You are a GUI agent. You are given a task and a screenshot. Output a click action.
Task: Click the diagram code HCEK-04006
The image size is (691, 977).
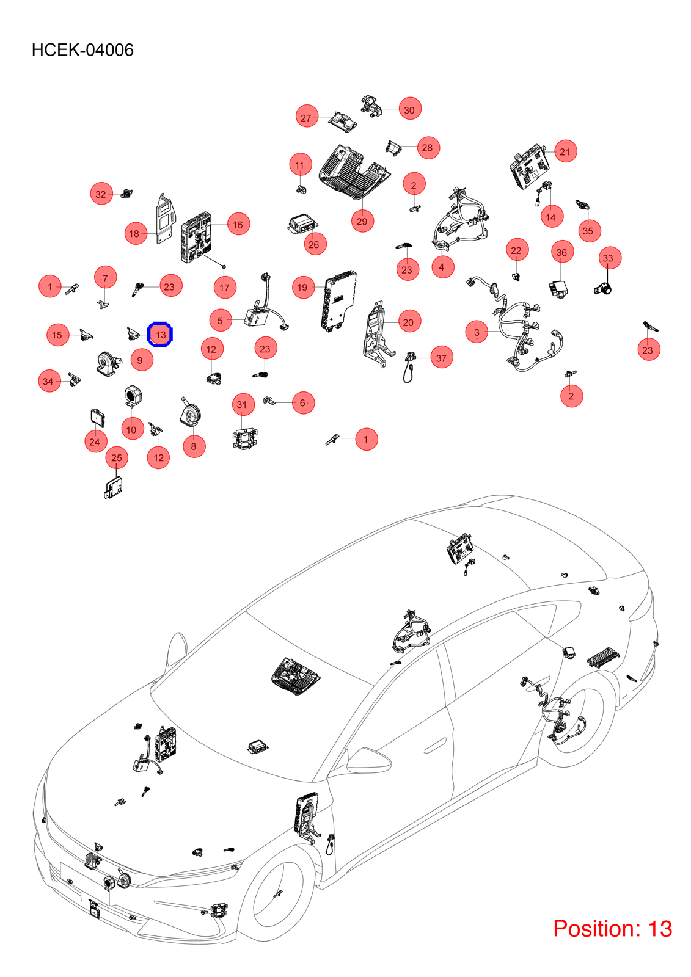click(82, 50)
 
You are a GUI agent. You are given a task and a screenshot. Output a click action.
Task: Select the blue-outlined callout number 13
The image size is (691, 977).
click(161, 335)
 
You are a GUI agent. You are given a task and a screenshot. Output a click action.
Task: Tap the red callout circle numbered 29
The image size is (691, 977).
click(362, 221)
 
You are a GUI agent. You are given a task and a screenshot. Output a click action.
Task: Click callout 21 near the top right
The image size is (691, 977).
click(565, 151)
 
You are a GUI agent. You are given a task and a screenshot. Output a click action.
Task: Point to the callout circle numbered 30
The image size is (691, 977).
click(409, 109)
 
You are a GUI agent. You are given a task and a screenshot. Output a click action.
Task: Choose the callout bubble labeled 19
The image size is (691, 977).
click(303, 287)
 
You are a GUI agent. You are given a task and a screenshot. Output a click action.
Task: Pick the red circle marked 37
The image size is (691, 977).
click(441, 358)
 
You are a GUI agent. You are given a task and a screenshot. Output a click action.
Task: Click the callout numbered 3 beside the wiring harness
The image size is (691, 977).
click(477, 332)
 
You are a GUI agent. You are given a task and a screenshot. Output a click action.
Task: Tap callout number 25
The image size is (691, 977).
click(117, 457)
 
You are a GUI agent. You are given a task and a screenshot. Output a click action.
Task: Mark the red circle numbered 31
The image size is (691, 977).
click(243, 404)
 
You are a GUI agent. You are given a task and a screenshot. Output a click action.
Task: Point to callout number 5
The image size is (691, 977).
click(221, 320)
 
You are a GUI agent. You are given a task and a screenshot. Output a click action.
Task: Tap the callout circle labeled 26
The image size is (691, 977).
click(315, 244)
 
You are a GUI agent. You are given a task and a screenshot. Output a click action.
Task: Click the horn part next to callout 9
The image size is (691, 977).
click(106, 363)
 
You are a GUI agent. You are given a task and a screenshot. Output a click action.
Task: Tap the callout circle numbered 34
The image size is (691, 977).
click(49, 381)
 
